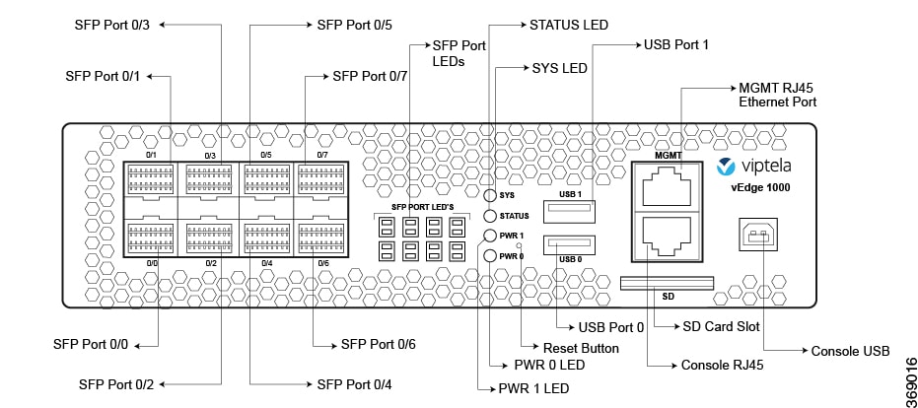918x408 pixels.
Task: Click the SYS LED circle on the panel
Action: (490, 197)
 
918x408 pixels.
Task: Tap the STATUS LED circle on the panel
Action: (490, 216)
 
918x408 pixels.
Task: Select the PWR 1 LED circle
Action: (490, 237)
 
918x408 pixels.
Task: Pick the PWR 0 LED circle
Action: (490, 256)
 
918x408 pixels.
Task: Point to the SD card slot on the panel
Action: (667, 284)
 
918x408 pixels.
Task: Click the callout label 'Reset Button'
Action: (582, 348)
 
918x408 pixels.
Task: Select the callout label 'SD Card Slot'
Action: (721, 326)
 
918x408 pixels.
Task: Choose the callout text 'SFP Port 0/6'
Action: (379, 344)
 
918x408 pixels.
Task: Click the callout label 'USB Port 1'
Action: (676, 44)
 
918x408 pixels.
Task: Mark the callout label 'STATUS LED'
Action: (569, 24)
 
